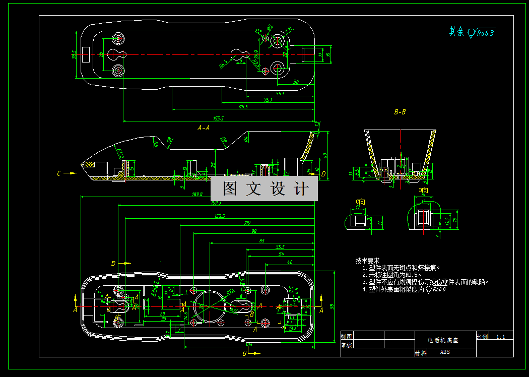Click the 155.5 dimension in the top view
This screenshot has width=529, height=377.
tap(218, 119)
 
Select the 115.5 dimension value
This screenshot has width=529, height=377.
tap(243, 107)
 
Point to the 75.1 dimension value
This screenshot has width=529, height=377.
tap(268, 100)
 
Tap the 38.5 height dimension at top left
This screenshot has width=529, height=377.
tap(74, 55)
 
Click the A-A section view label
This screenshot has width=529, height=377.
tap(204, 128)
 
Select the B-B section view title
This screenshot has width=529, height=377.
tap(400, 112)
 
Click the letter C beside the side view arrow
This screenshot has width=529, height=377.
tap(59, 174)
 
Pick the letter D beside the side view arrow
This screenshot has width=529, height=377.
tap(323, 174)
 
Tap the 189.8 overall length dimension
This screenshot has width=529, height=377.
tap(197, 194)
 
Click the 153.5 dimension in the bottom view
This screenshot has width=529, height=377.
tap(219, 216)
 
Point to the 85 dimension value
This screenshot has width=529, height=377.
tap(261, 241)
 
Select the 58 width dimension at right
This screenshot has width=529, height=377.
tap(332, 306)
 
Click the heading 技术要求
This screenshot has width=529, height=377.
tap(368, 261)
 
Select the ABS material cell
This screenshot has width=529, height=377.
tap(445, 352)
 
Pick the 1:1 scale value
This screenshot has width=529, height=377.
tap(501, 336)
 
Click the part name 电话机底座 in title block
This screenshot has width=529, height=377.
tap(443, 340)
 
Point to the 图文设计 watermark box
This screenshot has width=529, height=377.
tap(264, 188)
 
